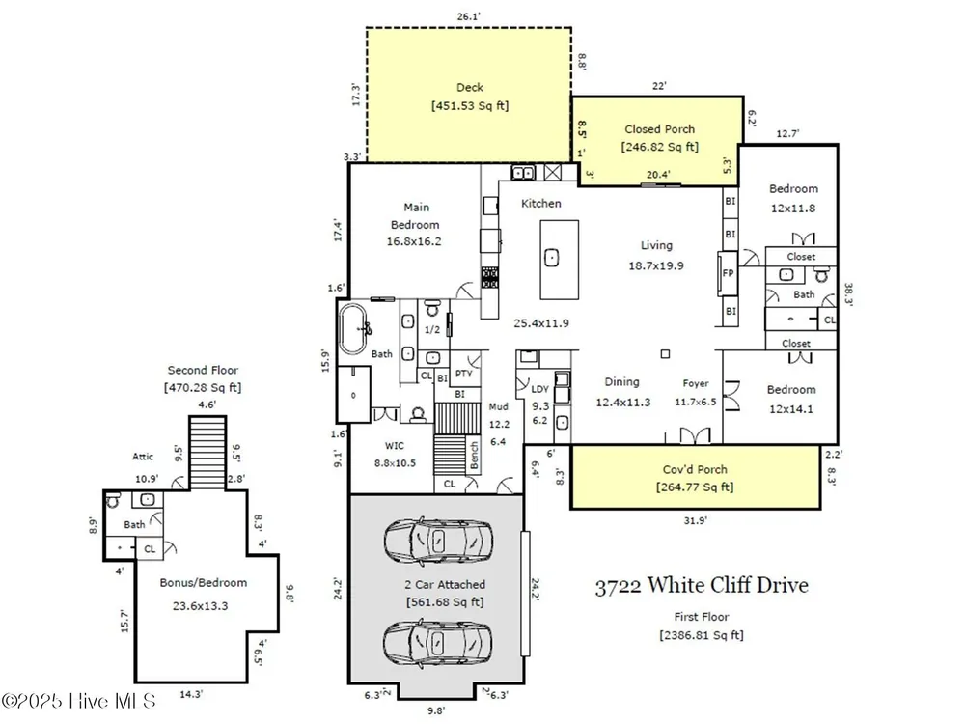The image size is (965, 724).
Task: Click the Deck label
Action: pyautogui.click(x=470, y=88)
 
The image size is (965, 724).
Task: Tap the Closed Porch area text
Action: pyautogui.click(x=660, y=147)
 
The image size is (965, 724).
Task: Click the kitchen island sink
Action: pyautogui.click(x=552, y=258)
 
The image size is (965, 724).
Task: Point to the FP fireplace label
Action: pyautogui.click(x=728, y=273)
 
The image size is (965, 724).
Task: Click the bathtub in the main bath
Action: pyautogui.click(x=354, y=328)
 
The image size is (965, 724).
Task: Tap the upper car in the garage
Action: pyautogui.click(x=438, y=542)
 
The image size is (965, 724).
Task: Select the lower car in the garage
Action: pyautogui.click(x=438, y=643)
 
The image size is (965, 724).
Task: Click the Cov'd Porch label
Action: pyautogui.click(x=695, y=470)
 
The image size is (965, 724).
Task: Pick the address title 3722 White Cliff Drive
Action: pyautogui.click(x=702, y=585)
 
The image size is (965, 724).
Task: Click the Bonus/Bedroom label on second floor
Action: pyautogui.click(x=203, y=582)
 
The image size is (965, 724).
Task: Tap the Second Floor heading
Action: pyautogui.click(x=203, y=370)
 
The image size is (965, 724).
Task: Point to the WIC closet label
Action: pyautogui.click(x=395, y=446)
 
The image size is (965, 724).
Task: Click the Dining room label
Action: pyautogui.click(x=621, y=382)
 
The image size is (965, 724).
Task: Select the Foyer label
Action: pyautogui.click(x=696, y=383)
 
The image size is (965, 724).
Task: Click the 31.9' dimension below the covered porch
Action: pyautogui.click(x=695, y=521)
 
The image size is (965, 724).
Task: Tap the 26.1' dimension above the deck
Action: pyautogui.click(x=468, y=16)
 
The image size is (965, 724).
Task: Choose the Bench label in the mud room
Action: pyautogui.click(x=474, y=455)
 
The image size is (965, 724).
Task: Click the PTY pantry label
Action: pyautogui.click(x=463, y=374)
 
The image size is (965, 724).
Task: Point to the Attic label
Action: pyautogui.click(x=143, y=457)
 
